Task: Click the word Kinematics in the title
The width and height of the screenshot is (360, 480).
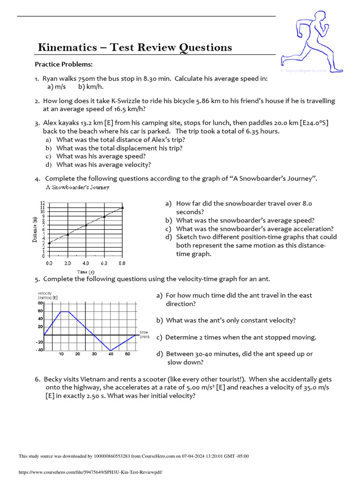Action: pos(66,47)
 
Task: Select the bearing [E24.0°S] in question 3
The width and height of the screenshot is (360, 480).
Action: pos(312,123)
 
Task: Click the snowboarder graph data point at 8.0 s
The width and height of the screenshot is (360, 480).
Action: pos(122,207)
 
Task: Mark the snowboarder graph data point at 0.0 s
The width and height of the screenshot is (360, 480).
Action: pos(49,242)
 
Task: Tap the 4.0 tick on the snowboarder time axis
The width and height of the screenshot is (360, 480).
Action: pos(86,263)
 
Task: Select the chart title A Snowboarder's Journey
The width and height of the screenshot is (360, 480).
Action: pos(77,187)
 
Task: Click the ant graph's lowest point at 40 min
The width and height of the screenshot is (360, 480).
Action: pos(111,350)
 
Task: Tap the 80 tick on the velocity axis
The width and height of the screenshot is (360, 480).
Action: pos(40,303)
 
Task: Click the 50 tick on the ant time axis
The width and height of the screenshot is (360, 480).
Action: pos(127,354)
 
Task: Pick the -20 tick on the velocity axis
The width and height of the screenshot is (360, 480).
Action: pos(39,342)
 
